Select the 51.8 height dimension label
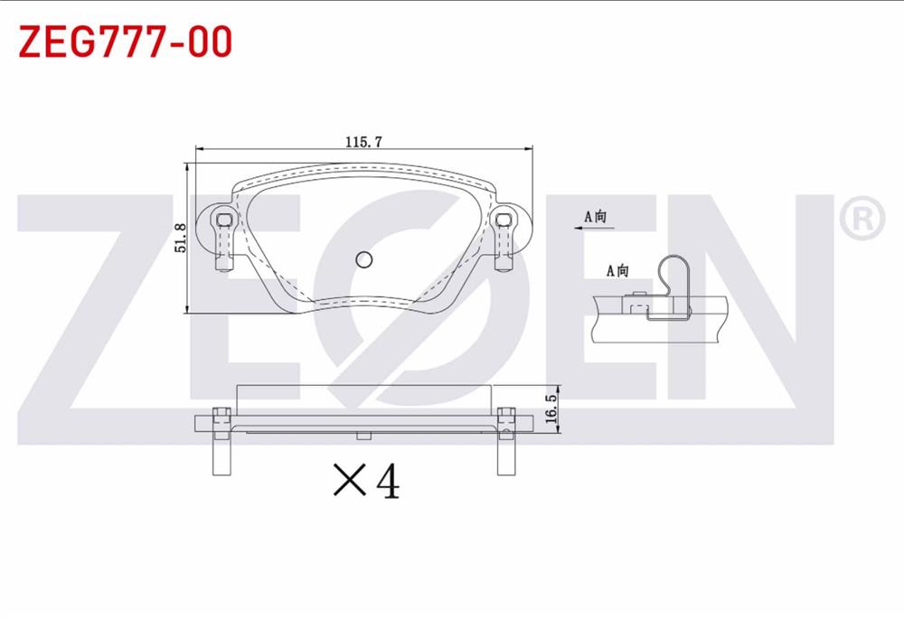tap(179, 238)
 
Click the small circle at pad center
tap(363, 259)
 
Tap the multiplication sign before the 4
tap(350, 482)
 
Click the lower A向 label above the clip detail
tap(617, 270)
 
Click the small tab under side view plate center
tap(363, 436)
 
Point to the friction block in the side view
tap(363, 399)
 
